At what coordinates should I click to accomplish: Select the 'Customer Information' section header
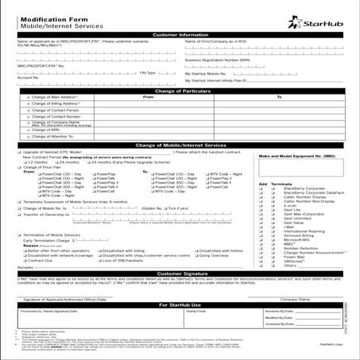pos(180,35)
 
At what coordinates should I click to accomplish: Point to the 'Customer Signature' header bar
pos(180,273)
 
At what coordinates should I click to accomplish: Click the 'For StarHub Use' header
pos(180,304)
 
